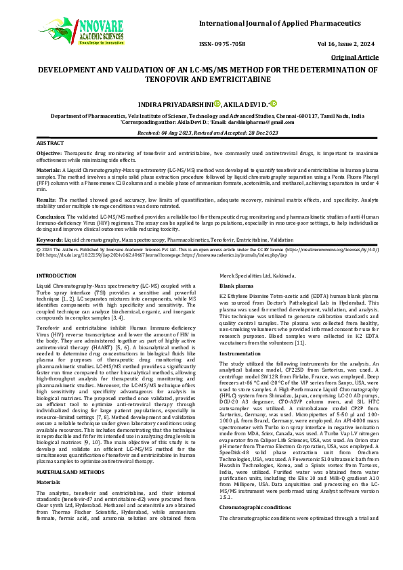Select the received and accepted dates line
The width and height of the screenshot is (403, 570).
click(x=201, y=133)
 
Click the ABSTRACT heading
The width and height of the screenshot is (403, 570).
click(x=49, y=144)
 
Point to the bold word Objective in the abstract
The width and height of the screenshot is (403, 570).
click(x=48, y=154)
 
